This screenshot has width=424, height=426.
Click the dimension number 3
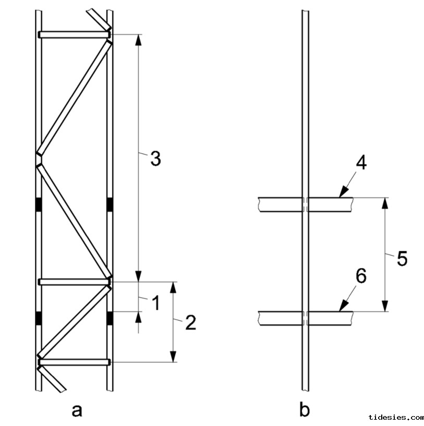(155, 159)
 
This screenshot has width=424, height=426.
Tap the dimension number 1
(155, 302)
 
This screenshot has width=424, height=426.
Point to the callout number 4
(361, 163)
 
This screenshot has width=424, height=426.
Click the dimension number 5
(402, 258)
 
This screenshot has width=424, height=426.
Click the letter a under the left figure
(77, 410)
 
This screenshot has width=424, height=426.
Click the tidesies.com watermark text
(396, 418)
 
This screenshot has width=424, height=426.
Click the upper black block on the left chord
(38, 205)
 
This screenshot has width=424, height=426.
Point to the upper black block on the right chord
(110, 205)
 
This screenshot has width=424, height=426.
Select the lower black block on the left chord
(38, 318)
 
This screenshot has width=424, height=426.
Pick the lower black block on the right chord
(110, 318)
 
